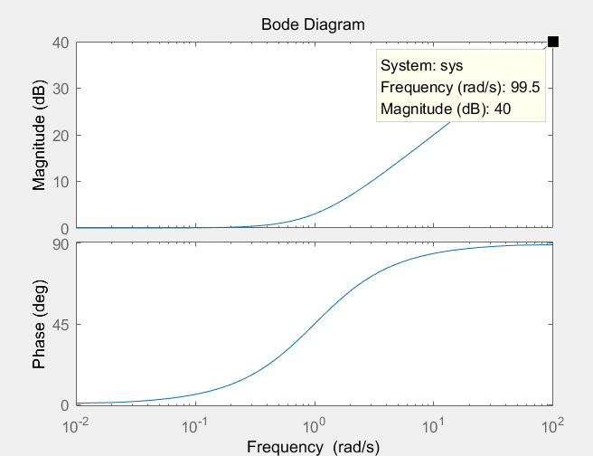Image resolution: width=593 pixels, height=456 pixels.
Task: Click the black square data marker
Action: point(553,42)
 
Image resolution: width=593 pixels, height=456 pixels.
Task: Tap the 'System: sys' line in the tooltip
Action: point(421,66)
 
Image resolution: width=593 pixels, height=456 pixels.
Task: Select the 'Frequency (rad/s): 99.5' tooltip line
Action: point(460,88)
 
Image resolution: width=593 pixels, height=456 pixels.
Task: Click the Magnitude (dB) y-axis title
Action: point(39,135)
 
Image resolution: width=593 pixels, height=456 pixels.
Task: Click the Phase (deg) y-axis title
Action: point(39,324)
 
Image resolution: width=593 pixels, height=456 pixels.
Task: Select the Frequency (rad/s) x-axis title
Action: point(313,446)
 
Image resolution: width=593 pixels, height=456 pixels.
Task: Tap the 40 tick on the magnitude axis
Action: point(61,42)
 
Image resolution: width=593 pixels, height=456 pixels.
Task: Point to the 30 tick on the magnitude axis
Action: point(61,89)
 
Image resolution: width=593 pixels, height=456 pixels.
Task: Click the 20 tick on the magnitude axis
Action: point(61,136)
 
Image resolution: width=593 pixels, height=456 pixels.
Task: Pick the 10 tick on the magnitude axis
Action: point(61,182)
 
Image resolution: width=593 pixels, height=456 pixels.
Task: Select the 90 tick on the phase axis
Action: point(61,244)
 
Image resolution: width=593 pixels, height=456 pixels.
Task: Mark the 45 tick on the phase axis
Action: point(61,324)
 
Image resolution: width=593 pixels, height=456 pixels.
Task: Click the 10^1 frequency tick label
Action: point(435,423)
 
